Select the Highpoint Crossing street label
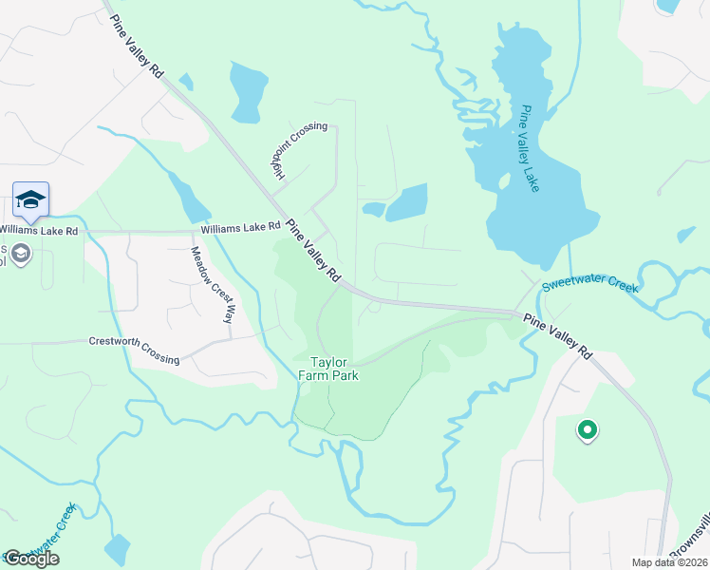click(x=296, y=153)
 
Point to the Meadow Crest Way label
click(x=213, y=284)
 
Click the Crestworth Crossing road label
click(x=134, y=350)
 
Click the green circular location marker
click(x=588, y=431)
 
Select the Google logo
click(x=31, y=559)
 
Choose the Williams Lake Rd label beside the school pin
click(x=38, y=229)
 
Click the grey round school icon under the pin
click(x=20, y=254)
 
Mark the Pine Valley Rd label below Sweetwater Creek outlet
click(x=558, y=339)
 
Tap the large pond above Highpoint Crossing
click(x=249, y=92)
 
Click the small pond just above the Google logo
click(x=117, y=548)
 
